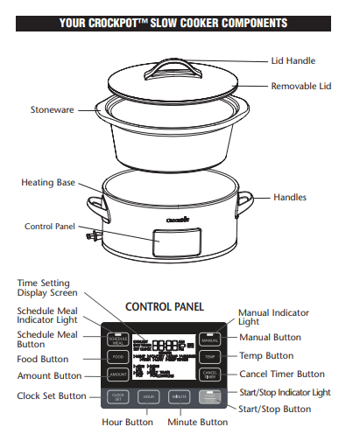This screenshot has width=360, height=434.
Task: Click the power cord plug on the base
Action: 90,235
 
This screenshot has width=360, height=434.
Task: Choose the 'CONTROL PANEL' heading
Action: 166,307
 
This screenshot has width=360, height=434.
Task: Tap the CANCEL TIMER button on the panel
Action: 209,374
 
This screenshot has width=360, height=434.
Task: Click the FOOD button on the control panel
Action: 117,357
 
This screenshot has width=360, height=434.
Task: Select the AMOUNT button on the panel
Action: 117,374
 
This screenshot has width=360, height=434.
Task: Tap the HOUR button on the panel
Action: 148,396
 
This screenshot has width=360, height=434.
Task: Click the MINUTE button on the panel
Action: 179,396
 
